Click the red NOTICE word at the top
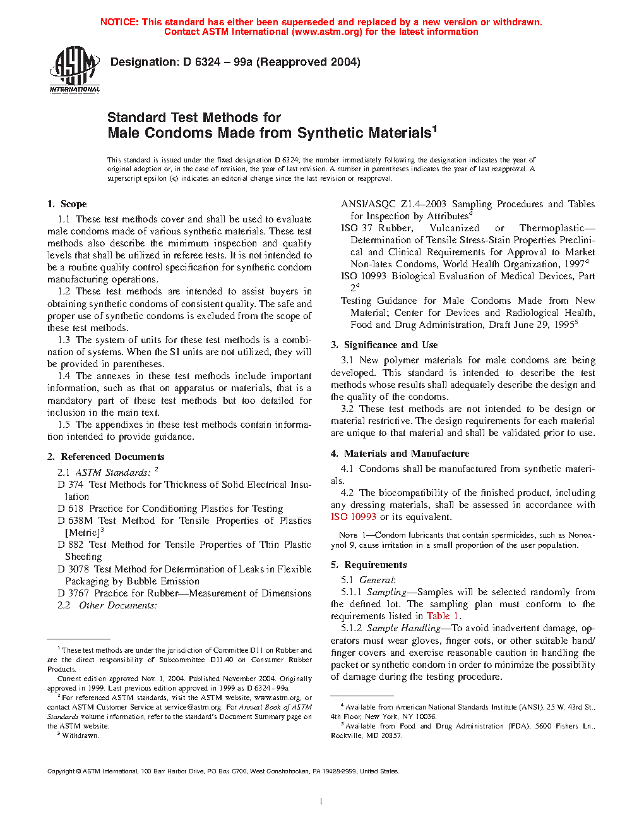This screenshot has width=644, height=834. [x=119, y=22]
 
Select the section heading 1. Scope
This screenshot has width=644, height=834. [x=67, y=204]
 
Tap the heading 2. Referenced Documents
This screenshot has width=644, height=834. [x=106, y=457]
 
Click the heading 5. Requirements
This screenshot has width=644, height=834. [x=369, y=565]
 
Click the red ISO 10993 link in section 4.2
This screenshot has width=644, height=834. [x=354, y=517]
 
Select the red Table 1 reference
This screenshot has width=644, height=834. [x=443, y=616]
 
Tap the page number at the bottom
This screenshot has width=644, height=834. [x=321, y=802]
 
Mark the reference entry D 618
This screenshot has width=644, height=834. [x=71, y=509]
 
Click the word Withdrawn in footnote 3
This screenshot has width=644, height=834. [x=80, y=735]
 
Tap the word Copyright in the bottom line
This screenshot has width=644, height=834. [x=61, y=771]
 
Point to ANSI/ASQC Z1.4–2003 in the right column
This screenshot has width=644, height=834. [x=393, y=204]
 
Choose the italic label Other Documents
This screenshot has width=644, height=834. [x=117, y=605]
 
